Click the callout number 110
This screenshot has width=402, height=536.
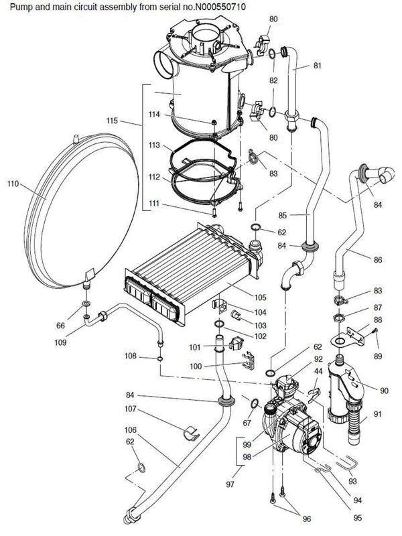coord(13,183)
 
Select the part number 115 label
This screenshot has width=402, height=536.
coord(112,121)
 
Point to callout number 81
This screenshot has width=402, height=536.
coord(317,66)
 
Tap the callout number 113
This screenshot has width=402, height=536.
coord(155,145)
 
